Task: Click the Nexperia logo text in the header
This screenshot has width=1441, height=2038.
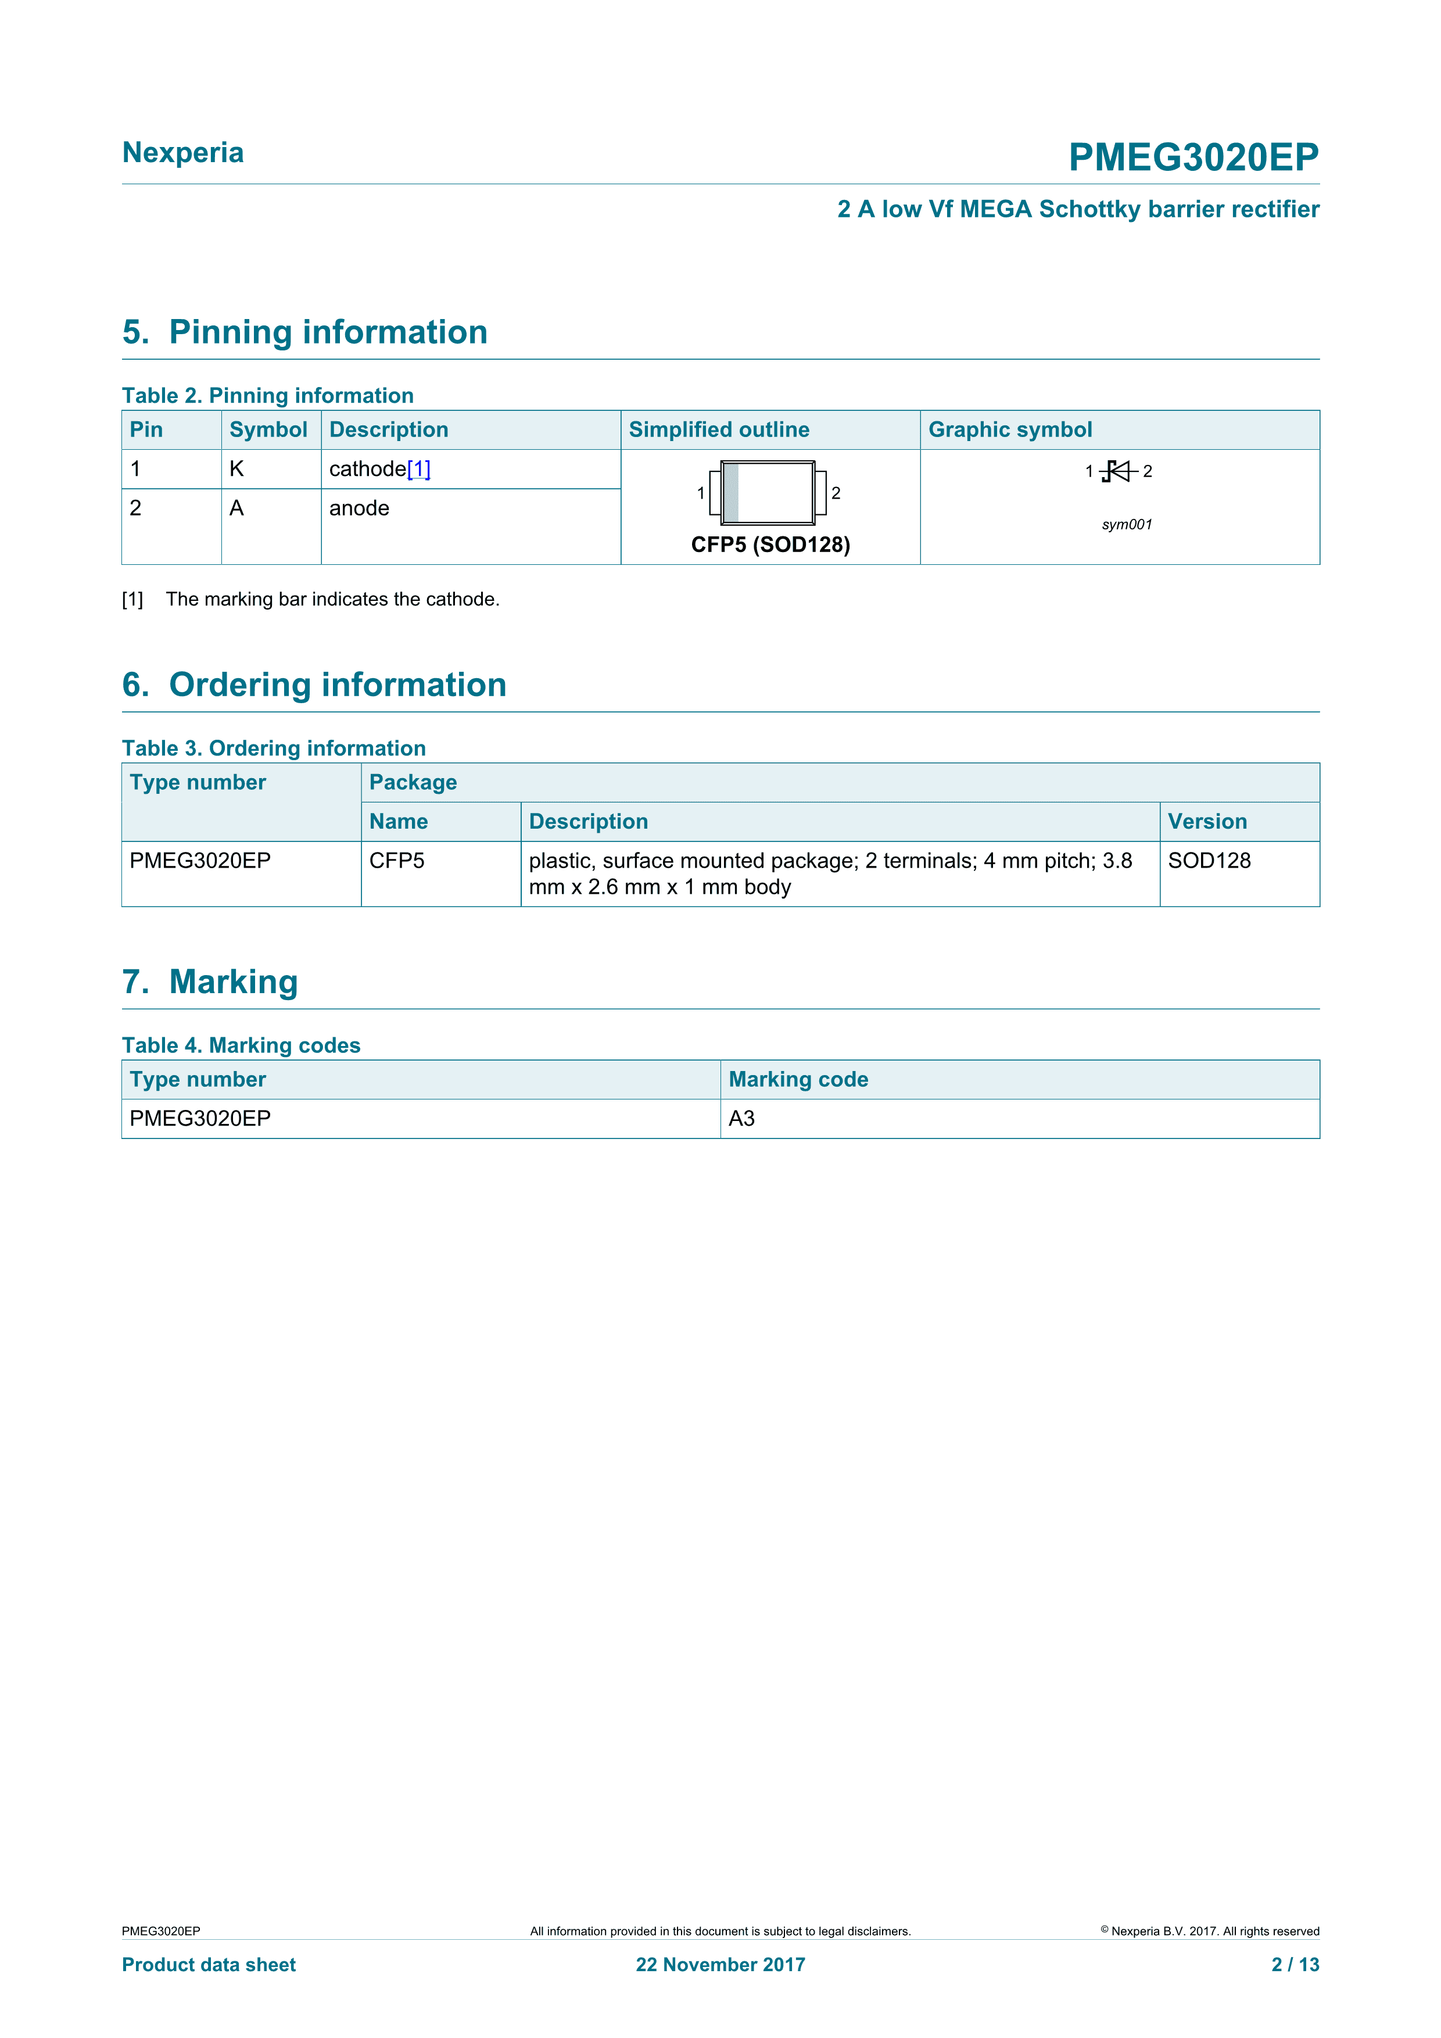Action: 183,153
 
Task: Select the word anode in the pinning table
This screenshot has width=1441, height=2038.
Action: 359,508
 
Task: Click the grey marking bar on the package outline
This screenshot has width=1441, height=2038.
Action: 731,493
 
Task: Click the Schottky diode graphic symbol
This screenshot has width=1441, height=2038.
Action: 1118,471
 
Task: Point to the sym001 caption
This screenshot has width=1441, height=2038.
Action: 1127,525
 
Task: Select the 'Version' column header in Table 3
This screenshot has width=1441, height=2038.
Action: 1207,822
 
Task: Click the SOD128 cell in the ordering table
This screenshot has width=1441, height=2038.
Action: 1209,861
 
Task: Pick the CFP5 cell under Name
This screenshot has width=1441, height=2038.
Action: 397,861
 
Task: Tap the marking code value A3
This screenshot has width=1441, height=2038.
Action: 742,1119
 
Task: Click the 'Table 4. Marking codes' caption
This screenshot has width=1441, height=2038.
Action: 241,1045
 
